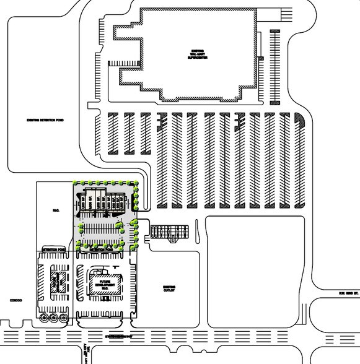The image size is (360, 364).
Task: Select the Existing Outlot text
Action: pyautogui.click(x=169, y=289)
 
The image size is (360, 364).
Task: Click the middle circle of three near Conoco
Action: pyautogui.click(x=53, y=318)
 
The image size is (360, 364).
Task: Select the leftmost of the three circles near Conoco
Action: pyautogui.click(x=44, y=318)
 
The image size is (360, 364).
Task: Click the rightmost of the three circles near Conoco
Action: pyautogui.click(x=63, y=318)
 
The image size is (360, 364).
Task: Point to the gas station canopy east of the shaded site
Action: pyautogui.click(x=167, y=231)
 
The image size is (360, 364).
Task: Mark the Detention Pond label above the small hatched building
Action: pyautogui.click(x=52, y=249)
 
